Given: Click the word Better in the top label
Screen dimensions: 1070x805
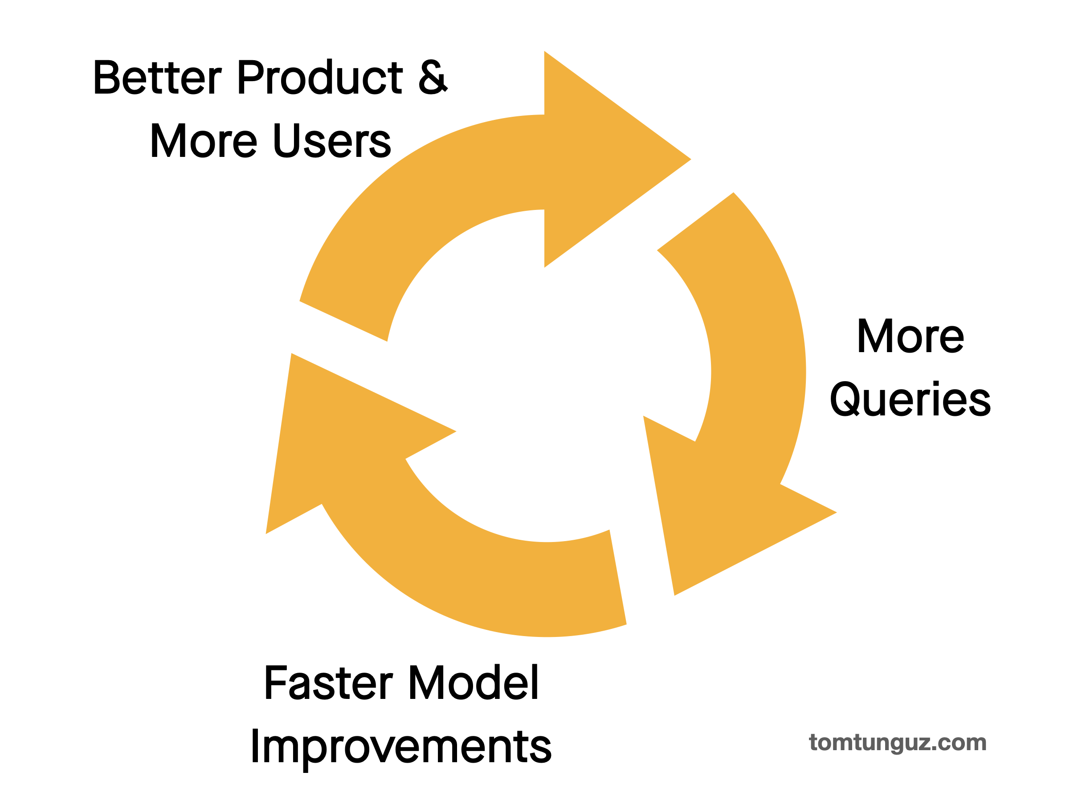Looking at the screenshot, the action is (x=158, y=77).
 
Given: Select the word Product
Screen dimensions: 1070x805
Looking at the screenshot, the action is (x=320, y=77).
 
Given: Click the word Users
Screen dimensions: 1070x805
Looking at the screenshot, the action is (x=332, y=140).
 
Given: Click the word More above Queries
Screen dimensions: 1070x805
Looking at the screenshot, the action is (x=911, y=336).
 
